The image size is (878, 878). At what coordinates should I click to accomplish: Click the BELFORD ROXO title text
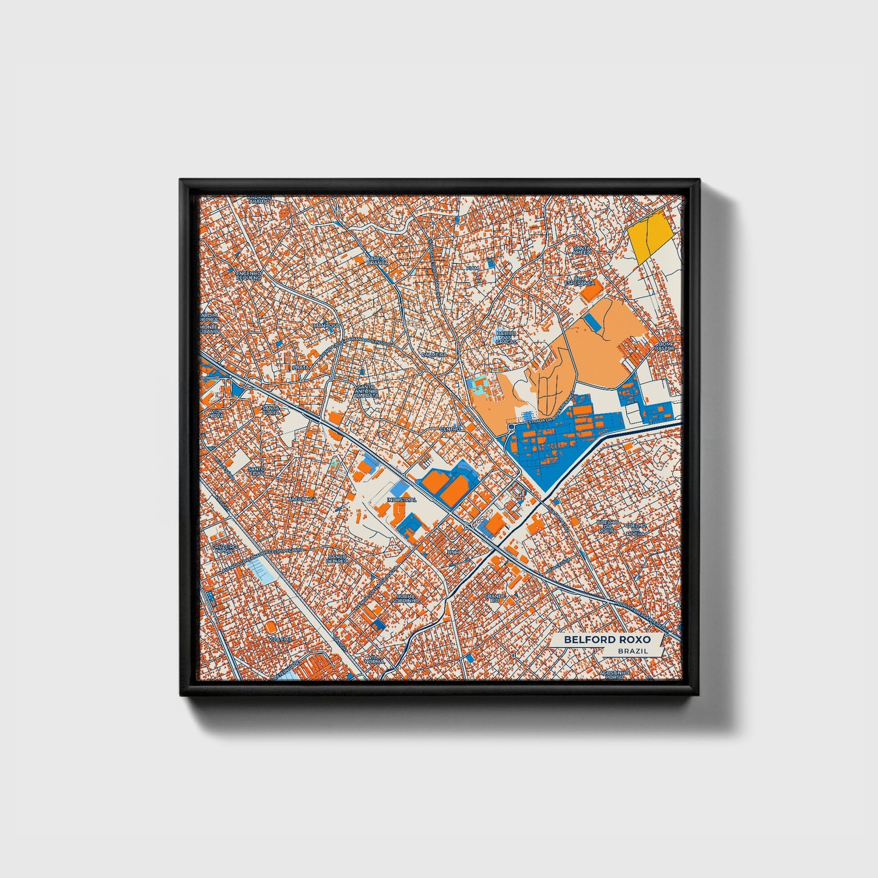606,640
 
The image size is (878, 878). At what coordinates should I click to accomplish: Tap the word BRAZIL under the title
632,651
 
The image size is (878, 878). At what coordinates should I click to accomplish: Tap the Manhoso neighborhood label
326,325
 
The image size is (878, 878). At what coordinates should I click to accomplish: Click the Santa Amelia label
582,251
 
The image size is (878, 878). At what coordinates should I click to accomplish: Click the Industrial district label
401,499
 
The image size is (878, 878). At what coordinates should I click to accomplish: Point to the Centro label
451,428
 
